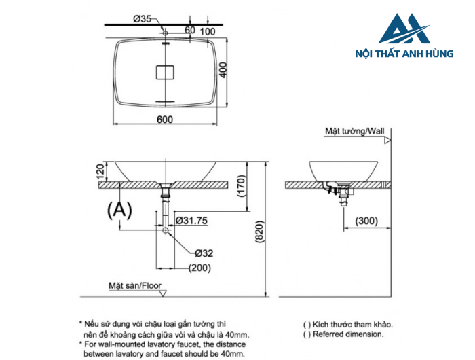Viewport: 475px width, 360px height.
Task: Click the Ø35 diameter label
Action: click(x=142, y=19)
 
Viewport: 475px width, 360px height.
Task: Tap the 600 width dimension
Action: click(x=165, y=120)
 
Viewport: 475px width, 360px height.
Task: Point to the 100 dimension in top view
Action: click(x=208, y=31)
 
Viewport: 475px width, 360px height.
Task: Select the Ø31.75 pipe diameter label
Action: click(x=192, y=220)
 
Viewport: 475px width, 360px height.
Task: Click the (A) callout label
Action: click(x=119, y=211)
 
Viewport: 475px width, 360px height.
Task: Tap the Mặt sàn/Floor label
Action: click(x=135, y=286)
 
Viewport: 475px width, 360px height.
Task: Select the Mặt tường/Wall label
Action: click(x=354, y=130)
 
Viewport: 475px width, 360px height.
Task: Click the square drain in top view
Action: click(x=165, y=71)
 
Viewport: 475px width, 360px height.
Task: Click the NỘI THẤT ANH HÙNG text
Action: click(x=404, y=54)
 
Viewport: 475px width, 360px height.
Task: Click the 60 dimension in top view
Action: click(x=189, y=30)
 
